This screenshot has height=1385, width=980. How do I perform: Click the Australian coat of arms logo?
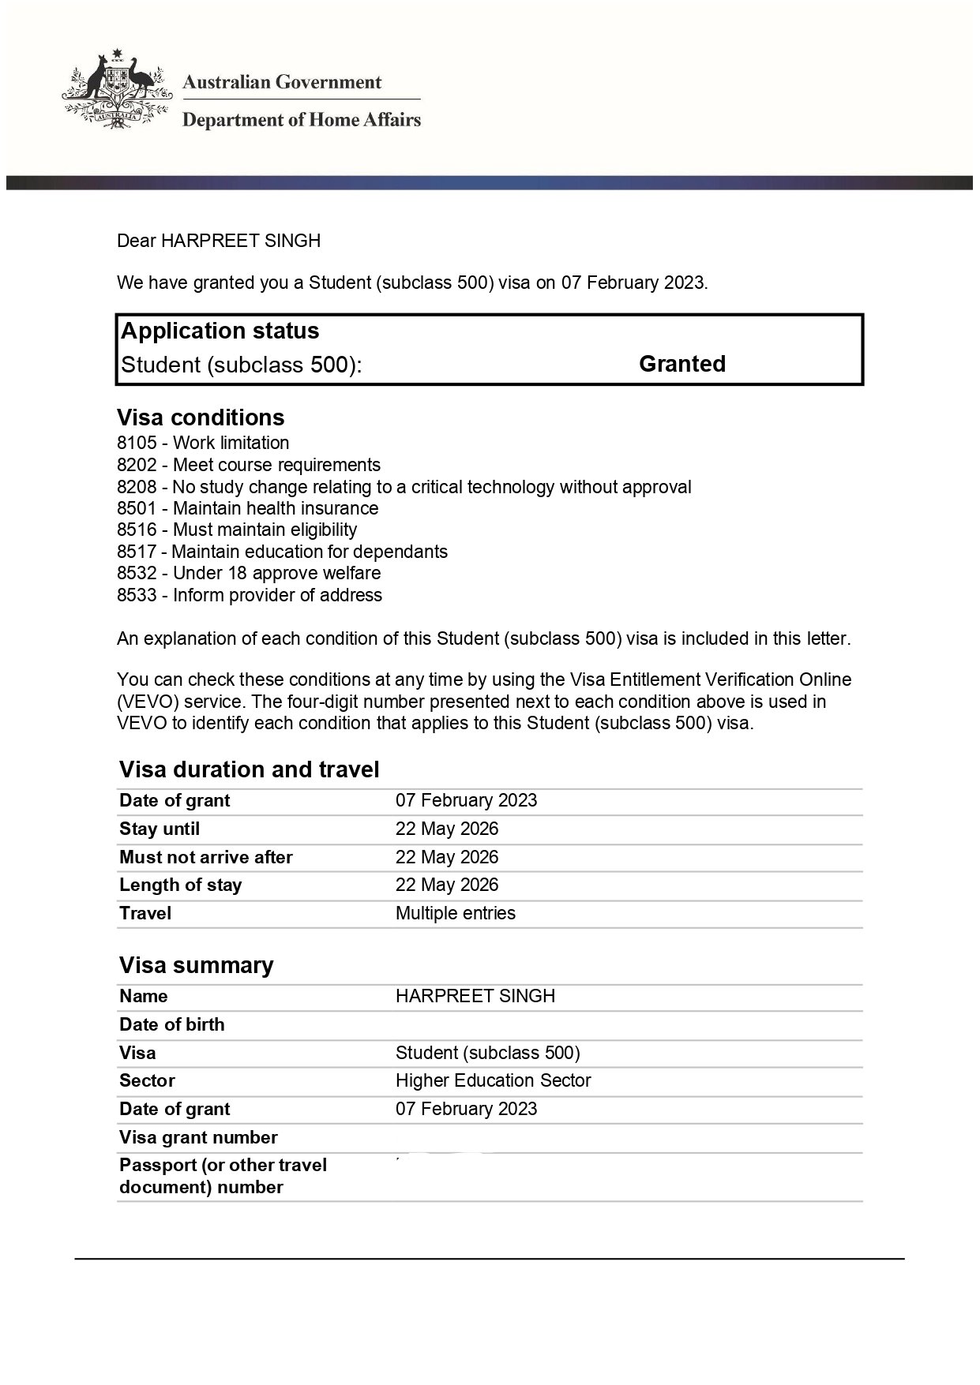(117, 88)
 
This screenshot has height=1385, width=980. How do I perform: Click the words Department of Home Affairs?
(301, 120)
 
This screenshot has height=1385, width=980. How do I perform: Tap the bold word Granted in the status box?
(681, 364)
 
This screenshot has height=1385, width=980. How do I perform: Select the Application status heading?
(220, 331)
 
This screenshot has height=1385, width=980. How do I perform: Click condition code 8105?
(137, 443)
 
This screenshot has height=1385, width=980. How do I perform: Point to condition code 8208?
(137, 487)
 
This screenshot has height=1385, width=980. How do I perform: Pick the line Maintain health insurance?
(276, 508)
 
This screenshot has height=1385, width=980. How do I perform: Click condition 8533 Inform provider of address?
(250, 595)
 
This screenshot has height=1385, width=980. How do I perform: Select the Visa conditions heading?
(201, 417)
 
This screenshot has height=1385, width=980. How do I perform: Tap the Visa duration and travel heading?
(249, 769)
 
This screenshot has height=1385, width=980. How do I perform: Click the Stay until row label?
(160, 829)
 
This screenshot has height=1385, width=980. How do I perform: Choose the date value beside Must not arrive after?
(447, 857)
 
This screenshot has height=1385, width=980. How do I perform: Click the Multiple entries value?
(455, 913)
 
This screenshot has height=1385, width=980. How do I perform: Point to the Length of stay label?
(180, 885)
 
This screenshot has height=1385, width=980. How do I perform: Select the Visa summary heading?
(196, 965)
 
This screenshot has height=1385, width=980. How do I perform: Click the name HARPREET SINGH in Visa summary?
(475, 996)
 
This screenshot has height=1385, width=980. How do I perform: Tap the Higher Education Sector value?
(493, 1080)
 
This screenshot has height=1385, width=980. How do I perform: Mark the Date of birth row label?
(171, 1024)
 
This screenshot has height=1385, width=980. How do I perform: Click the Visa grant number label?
(198, 1137)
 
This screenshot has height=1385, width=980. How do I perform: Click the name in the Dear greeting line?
(241, 241)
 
